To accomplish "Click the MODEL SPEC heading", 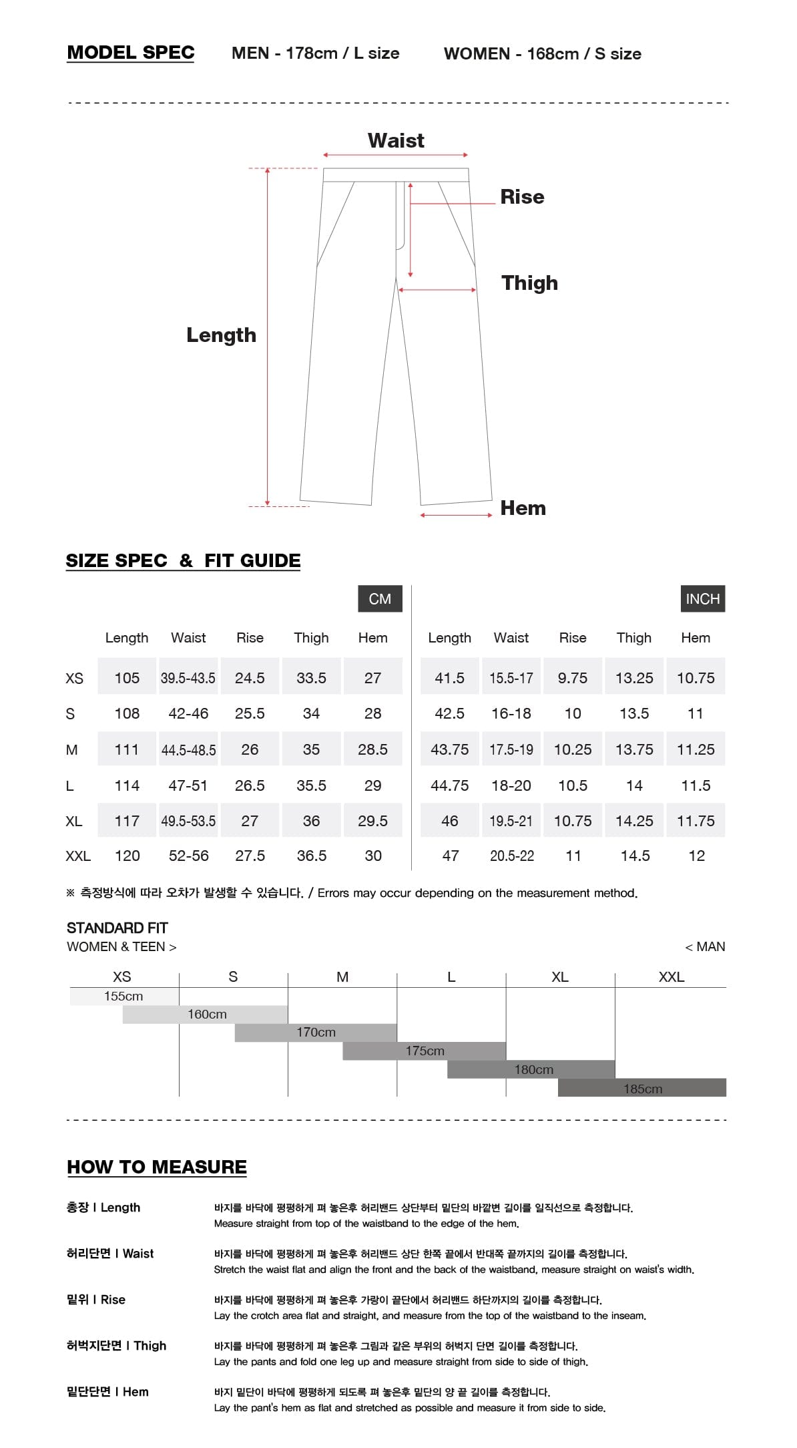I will pyautogui.click(x=131, y=53).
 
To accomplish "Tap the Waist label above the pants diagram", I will pyautogui.click(x=396, y=140).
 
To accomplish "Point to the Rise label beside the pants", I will pyautogui.click(x=522, y=197).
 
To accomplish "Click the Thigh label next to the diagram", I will pyautogui.click(x=529, y=283).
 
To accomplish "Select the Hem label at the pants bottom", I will pyautogui.click(x=523, y=508).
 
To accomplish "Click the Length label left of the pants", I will pyautogui.click(x=221, y=335).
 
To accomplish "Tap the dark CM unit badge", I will pyautogui.click(x=380, y=599).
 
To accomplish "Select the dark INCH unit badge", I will pyautogui.click(x=702, y=599).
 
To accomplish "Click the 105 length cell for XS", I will pyautogui.click(x=127, y=678).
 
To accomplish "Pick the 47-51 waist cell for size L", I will pyautogui.click(x=188, y=785).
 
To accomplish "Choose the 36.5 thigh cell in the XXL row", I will pyautogui.click(x=312, y=856).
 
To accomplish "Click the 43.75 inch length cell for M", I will pyautogui.click(x=449, y=749).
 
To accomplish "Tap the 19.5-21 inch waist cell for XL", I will pyautogui.click(x=511, y=821).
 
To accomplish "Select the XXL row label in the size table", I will pyautogui.click(x=78, y=856).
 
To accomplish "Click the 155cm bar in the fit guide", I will pyautogui.click(x=124, y=997).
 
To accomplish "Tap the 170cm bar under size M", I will pyautogui.click(x=316, y=1033).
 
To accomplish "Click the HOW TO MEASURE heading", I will pyautogui.click(x=157, y=1167).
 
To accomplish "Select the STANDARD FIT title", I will pyautogui.click(x=117, y=928).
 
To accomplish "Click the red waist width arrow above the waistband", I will pyautogui.click(x=396, y=155).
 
